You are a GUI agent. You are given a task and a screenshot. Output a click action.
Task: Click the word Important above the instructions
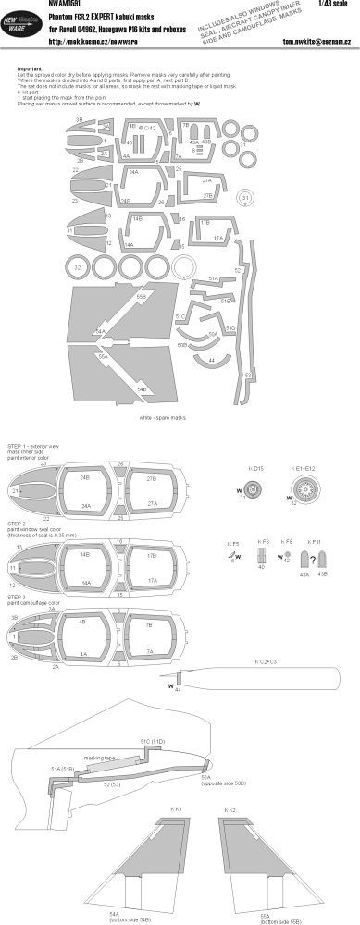(x=31, y=67)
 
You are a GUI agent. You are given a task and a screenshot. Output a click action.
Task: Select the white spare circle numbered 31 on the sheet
(x=245, y=198)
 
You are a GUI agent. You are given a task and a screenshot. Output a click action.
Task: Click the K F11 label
(x=315, y=541)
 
